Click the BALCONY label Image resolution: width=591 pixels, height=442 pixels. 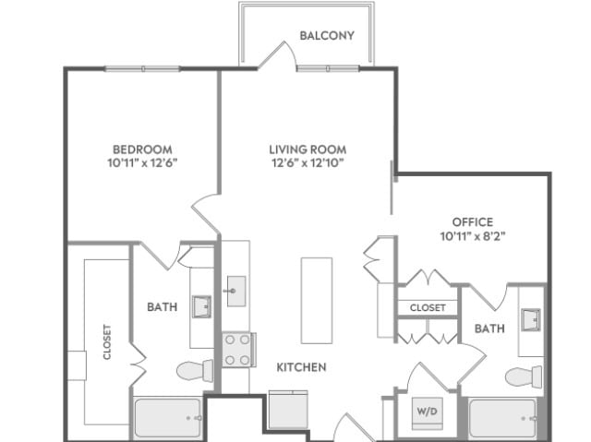pyautogui.click(x=327, y=36)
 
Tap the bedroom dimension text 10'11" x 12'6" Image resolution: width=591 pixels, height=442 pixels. pyautogui.click(x=142, y=163)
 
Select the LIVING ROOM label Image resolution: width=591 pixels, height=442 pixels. pyautogui.click(x=308, y=149)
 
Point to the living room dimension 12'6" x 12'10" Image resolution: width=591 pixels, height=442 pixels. pyautogui.click(x=308, y=163)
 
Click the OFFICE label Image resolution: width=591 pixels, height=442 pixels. pyautogui.click(x=473, y=221)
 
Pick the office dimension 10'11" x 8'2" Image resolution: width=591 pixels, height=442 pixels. pyautogui.click(x=473, y=236)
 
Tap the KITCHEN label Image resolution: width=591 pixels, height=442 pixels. pyautogui.click(x=302, y=367)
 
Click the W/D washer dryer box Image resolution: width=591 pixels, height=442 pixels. pyautogui.click(x=427, y=413)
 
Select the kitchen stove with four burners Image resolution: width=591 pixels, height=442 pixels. pyautogui.click(x=238, y=350)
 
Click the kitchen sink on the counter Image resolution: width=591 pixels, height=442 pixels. pyautogui.click(x=236, y=291)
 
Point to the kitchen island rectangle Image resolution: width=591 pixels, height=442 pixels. pyautogui.click(x=317, y=301)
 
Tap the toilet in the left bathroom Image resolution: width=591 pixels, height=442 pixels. pyautogui.click(x=195, y=371)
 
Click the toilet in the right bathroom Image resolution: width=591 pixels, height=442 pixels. pyautogui.click(x=524, y=376)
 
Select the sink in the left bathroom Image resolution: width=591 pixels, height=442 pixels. pyautogui.click(x=201, y=307)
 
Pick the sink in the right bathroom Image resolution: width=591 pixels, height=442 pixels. pyautogui.click(x=531, y=320)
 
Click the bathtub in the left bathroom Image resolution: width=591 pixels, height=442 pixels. pyautogui.click(x=168, y=418)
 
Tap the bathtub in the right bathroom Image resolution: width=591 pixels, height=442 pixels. pyautogui.click(x=502, y=418)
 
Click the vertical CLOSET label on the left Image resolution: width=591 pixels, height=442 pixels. pyautogui.click(x=107, y=341)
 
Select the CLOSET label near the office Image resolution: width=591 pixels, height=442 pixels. pyautogui.click(x=428, y=307)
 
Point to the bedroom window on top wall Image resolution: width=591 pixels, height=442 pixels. pyautogui.click(x=142, y=68)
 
